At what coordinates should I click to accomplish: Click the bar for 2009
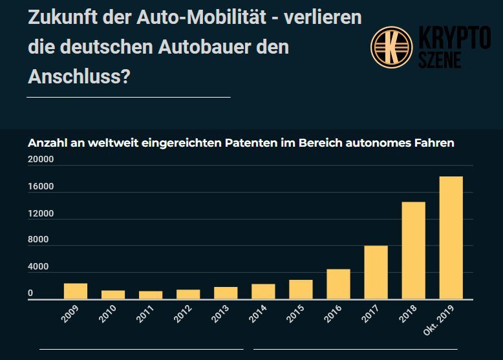click(x=75, y=291)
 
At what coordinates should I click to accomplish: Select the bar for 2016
click(x=338, y=284)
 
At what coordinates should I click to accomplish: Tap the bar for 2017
click(x=376, y=273)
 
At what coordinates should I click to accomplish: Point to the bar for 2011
click(x=151, y=295)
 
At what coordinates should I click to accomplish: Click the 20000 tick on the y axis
click(x=40, y=160)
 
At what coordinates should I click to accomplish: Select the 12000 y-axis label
click(x=40, y=214)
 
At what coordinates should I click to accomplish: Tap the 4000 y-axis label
click(x=38, y=267)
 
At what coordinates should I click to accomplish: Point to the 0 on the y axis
click(x=30, y=293)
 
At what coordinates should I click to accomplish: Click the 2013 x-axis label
click(x=221, y=313)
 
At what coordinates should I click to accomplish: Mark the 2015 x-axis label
click(x=296, y=313)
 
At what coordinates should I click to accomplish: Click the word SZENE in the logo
click(x=440, y=60)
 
